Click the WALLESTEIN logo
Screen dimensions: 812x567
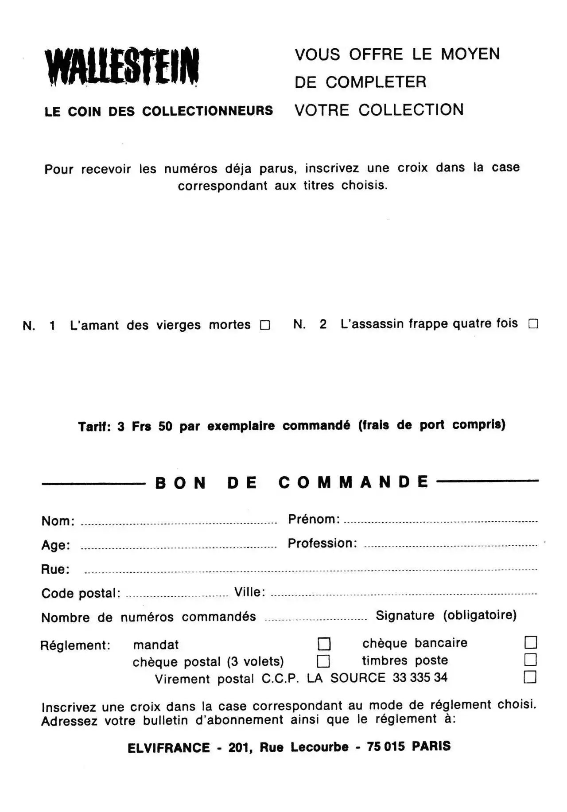point(122,66)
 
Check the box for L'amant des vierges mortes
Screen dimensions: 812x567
point(265,325)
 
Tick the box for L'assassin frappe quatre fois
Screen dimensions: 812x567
point(533,324)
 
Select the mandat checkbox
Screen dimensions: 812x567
point(324,644)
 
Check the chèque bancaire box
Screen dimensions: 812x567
point(531,642)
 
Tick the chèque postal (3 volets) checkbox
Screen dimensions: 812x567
point(323,661)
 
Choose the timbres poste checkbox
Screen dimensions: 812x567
point(531,660)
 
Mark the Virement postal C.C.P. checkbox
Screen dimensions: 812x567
point(530,677)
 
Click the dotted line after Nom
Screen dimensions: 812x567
point(179,523)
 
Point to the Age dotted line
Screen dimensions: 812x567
point(179,548)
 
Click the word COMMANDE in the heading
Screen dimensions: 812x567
point(353,482)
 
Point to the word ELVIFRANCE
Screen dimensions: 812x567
point(169,748)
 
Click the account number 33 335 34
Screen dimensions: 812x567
point(420,677)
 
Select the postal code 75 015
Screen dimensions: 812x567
point(386,747)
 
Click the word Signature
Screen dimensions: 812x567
point(405,615)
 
